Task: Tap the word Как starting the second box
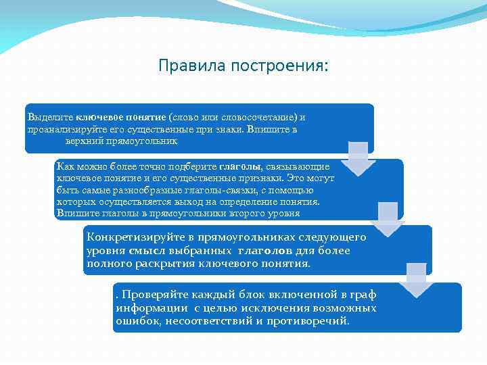(x=66, y=166)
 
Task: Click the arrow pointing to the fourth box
(x=417, y=281)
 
